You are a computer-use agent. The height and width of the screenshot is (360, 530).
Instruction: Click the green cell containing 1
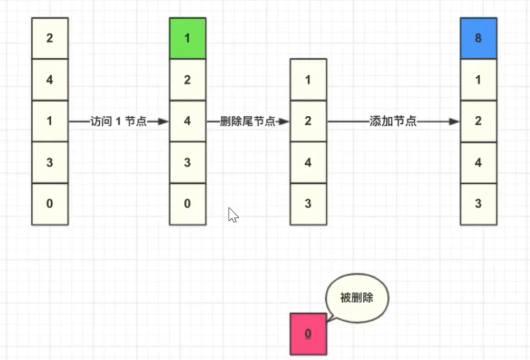188,38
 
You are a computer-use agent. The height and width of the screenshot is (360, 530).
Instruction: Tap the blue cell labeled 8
478,38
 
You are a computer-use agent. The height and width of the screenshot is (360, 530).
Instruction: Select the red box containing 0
308,333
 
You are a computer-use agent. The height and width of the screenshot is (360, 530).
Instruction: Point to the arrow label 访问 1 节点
119,122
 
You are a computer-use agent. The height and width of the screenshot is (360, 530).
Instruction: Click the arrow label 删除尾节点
248,122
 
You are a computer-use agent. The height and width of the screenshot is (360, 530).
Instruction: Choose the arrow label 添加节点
393,122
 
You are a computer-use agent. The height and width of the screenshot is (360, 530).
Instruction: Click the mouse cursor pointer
232,215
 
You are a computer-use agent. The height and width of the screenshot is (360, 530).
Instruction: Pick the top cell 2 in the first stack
50,38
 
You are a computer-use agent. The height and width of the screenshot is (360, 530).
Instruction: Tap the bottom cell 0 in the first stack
50,204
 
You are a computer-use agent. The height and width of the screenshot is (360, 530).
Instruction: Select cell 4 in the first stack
50,80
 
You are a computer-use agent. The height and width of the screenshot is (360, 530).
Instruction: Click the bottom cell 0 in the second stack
188,204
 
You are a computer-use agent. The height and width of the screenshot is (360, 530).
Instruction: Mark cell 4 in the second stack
188,121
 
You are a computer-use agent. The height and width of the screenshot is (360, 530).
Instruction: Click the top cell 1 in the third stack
308,79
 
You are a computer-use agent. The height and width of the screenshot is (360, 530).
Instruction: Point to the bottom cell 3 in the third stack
308,204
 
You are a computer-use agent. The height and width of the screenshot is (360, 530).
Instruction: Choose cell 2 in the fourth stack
478,121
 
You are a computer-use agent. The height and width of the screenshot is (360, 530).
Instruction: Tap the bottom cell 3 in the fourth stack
478,204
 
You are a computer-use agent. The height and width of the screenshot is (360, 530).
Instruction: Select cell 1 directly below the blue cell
478,80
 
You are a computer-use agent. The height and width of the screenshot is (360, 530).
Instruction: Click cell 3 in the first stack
50,163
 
